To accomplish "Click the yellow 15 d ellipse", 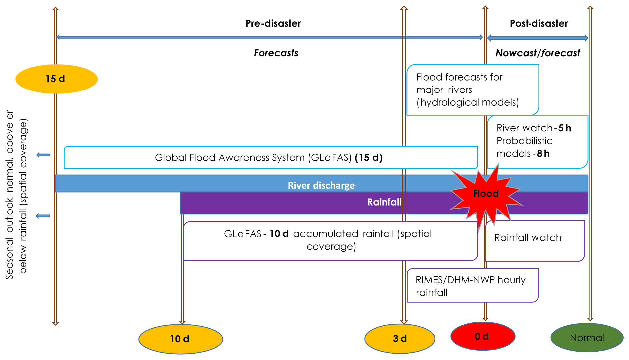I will (x=56, y=79).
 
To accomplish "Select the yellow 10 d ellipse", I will (x=180, y=339).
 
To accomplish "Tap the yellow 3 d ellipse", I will (x=400, y=338).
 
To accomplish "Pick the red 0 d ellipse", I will (x=482, y=336).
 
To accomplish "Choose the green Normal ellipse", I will (x=587, y=338).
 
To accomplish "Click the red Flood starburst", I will (x=486, y=194).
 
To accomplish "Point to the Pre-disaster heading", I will (x=273, y=23).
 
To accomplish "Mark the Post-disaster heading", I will (x=539, y=23).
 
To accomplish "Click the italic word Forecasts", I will (x=276, y=53).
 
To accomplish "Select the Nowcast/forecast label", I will (x=538, y=53).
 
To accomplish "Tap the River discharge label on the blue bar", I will (x=321, y=185).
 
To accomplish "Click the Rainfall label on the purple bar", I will (x=384, y=202).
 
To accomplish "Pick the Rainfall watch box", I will (x=535, y=241).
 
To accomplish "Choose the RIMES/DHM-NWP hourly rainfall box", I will (x=472, y=285).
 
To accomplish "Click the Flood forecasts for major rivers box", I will (x=472, y=90).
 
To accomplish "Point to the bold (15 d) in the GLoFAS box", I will (x=369, y=158).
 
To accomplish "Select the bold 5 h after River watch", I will (x=565, y=128).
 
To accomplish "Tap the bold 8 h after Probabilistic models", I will (x=543, y=154).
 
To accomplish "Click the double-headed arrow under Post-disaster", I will (x=537, y=38).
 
